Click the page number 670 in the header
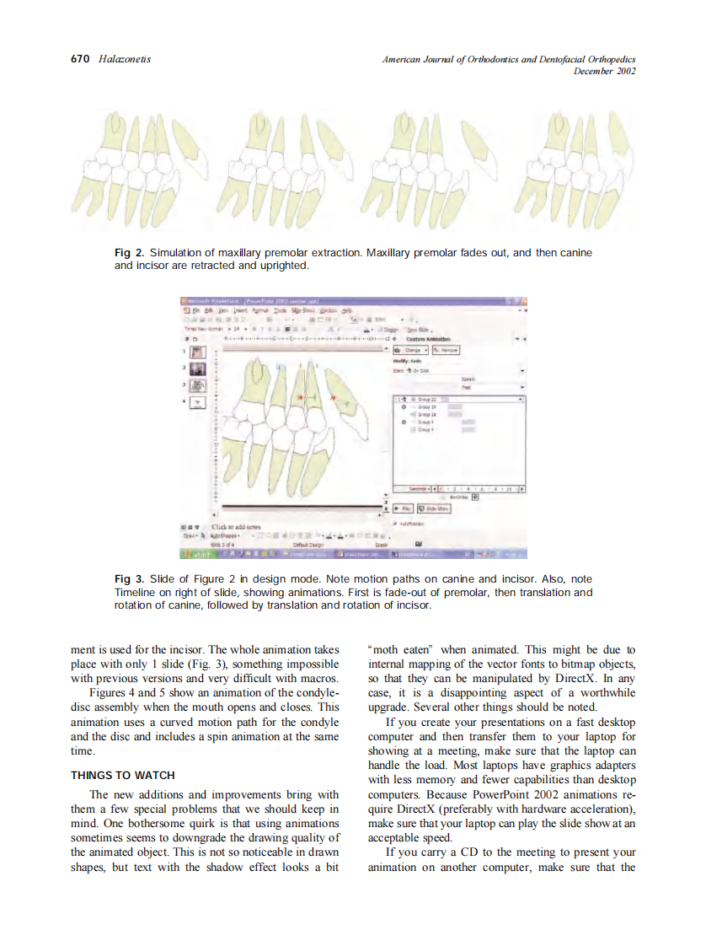tap(80, 59)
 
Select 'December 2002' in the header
tap(604, 71)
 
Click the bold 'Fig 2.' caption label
tap(129, 253)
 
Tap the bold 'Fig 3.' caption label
tap(129, 580)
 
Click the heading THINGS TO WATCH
tap(123, 775)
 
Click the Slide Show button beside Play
tap(433, 509)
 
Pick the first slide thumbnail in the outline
tap(195, 352)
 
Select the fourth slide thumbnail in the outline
tap(195, 402)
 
